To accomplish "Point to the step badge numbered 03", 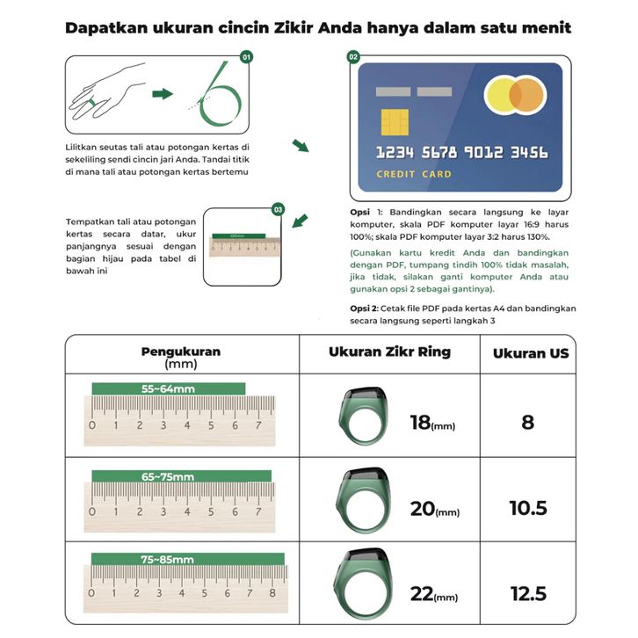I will (279, 209).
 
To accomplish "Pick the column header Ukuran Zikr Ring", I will (389, 352).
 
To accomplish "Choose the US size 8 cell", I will (527, 422).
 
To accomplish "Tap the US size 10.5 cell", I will (527, 508).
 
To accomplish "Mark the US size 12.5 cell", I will (527, 594).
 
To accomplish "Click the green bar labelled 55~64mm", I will (168, 388).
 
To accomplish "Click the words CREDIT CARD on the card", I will (413, 174).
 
